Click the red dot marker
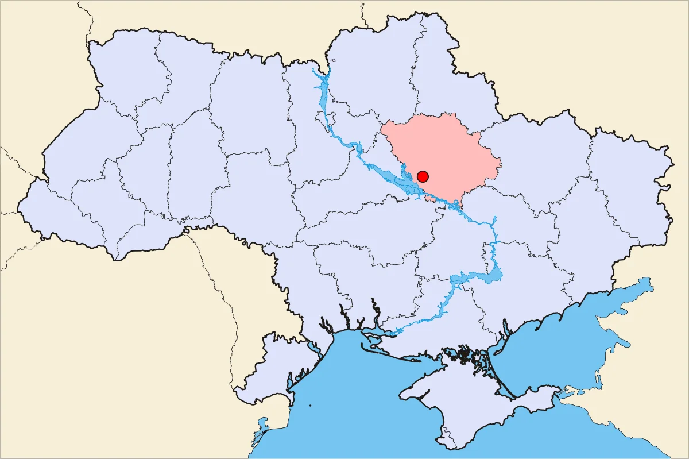pos(423,176)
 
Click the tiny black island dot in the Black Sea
pos(310,406)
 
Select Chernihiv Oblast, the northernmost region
pos(373,75)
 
